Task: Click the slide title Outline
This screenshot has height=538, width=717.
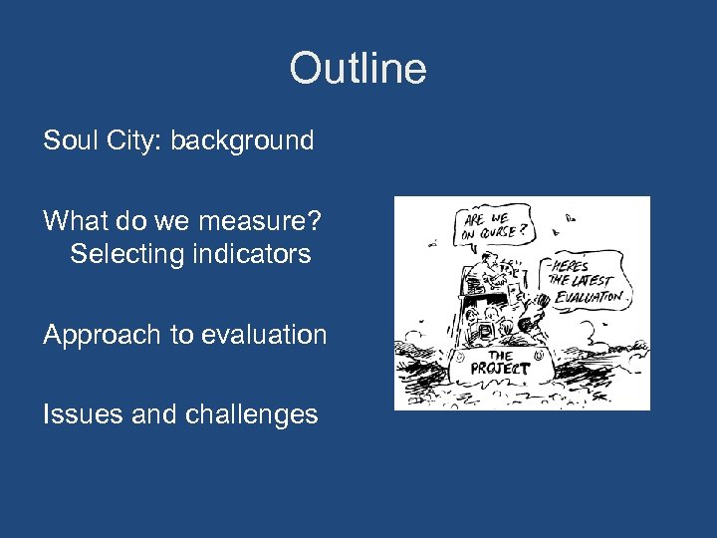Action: click(358, 69)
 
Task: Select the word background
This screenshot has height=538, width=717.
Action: click(242, 140)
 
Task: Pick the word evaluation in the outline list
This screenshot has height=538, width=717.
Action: click(264, 335)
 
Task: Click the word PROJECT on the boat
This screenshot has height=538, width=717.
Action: click(501, 368)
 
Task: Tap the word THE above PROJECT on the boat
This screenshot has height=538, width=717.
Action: click(501, 355)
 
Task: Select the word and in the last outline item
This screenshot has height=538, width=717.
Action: click(152, 413)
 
